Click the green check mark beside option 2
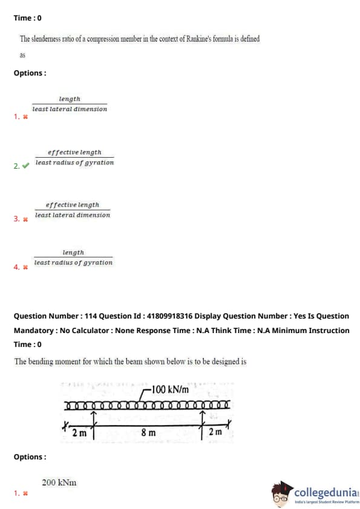(25, 166)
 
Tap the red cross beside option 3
(25, 219)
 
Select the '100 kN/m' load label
(170, 389)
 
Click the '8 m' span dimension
(148, 432)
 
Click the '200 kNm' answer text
(59, 482)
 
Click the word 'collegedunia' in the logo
(326, 493)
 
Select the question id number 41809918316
(169, 316)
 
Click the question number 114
(91, 316)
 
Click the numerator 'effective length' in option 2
(74, 152)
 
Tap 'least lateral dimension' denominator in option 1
(70, 109)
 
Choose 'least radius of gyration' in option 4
(73, 262)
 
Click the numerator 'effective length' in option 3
(72, 205)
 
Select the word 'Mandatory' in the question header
(34, 331)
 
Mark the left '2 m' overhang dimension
(79, 433)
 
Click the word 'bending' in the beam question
(41, 361)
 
